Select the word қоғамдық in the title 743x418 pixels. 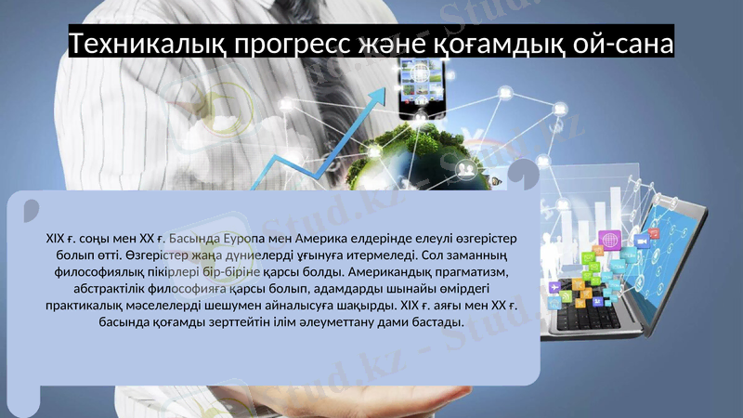coord(489,44)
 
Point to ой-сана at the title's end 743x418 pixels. coord(624,44)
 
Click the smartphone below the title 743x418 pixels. coord(423,88)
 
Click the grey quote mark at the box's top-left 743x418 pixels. coord(31,208)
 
